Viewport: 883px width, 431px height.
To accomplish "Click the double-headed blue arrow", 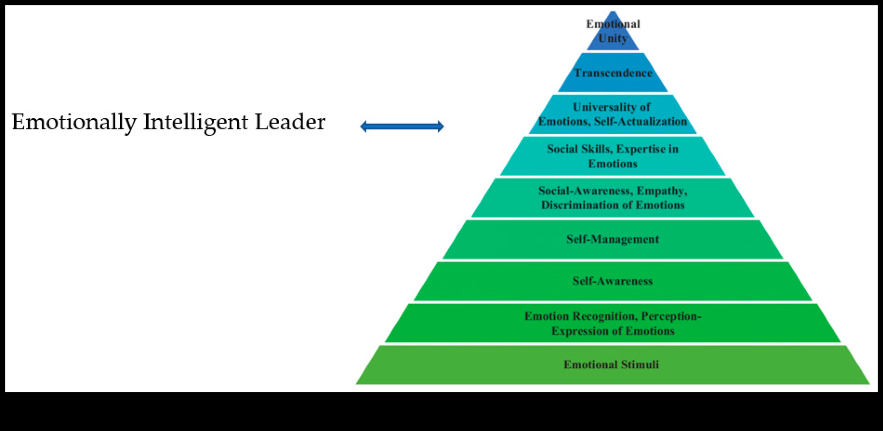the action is pos(402,127).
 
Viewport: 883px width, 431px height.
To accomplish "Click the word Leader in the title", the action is pos(290,122).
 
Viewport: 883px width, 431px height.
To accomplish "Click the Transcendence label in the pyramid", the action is pos(613,73).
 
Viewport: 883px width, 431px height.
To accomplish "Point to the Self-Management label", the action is pos(612,239).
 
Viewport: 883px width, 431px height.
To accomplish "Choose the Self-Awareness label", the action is pos(612,281).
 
